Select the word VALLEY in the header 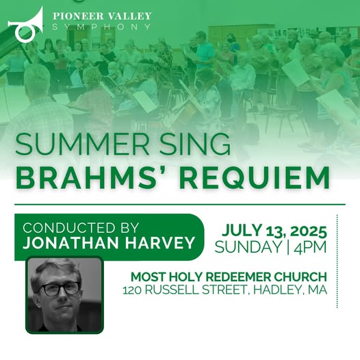129,16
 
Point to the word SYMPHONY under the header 101,27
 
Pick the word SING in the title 195,145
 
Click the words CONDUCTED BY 81,228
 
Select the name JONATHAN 72,243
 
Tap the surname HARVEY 160,243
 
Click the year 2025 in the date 309,231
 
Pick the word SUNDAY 248,247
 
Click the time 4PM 310,247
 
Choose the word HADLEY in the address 277,290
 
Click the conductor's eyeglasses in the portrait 61,290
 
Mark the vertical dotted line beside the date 337,261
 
